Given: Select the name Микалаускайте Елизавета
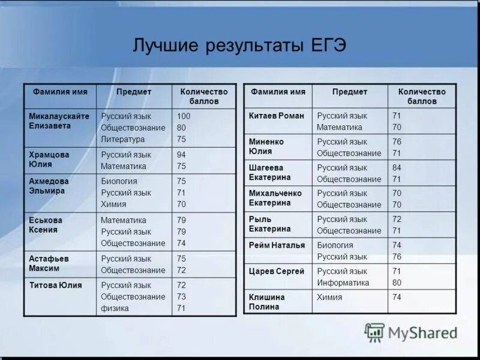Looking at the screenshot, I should click(x=59, y=121).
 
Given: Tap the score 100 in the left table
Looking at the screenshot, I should click(x=184, y=116).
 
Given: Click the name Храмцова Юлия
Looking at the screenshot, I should click(x=49, y=159).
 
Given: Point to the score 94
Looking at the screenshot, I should click(x=181, y=155).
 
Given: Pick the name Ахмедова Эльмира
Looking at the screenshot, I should click(x=49, y=185).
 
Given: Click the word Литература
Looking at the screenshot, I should click(x=122, y=139).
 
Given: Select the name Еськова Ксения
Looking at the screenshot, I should click(x=46, y=224).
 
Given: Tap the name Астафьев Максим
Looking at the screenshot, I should click(x=49, y=263).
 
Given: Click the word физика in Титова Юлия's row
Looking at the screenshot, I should click(x=115, y=308).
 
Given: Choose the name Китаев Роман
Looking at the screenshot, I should click(x=277, y=116).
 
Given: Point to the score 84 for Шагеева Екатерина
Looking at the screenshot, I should click(x=397, y=167).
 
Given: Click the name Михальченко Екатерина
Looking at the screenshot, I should click(x=275, y=198).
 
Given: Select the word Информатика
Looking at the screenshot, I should click(x=343, y=283).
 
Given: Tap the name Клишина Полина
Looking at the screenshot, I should click(x=267, y=302).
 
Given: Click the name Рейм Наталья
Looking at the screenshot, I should click(x=277, y=245).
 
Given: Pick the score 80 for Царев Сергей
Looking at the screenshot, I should click(x=397, y=283).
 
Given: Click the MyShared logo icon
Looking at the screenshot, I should click(x=374, y=332).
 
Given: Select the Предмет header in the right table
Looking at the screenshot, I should click(x=350, y=92).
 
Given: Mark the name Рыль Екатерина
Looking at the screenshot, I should click(x=269, y=224).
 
